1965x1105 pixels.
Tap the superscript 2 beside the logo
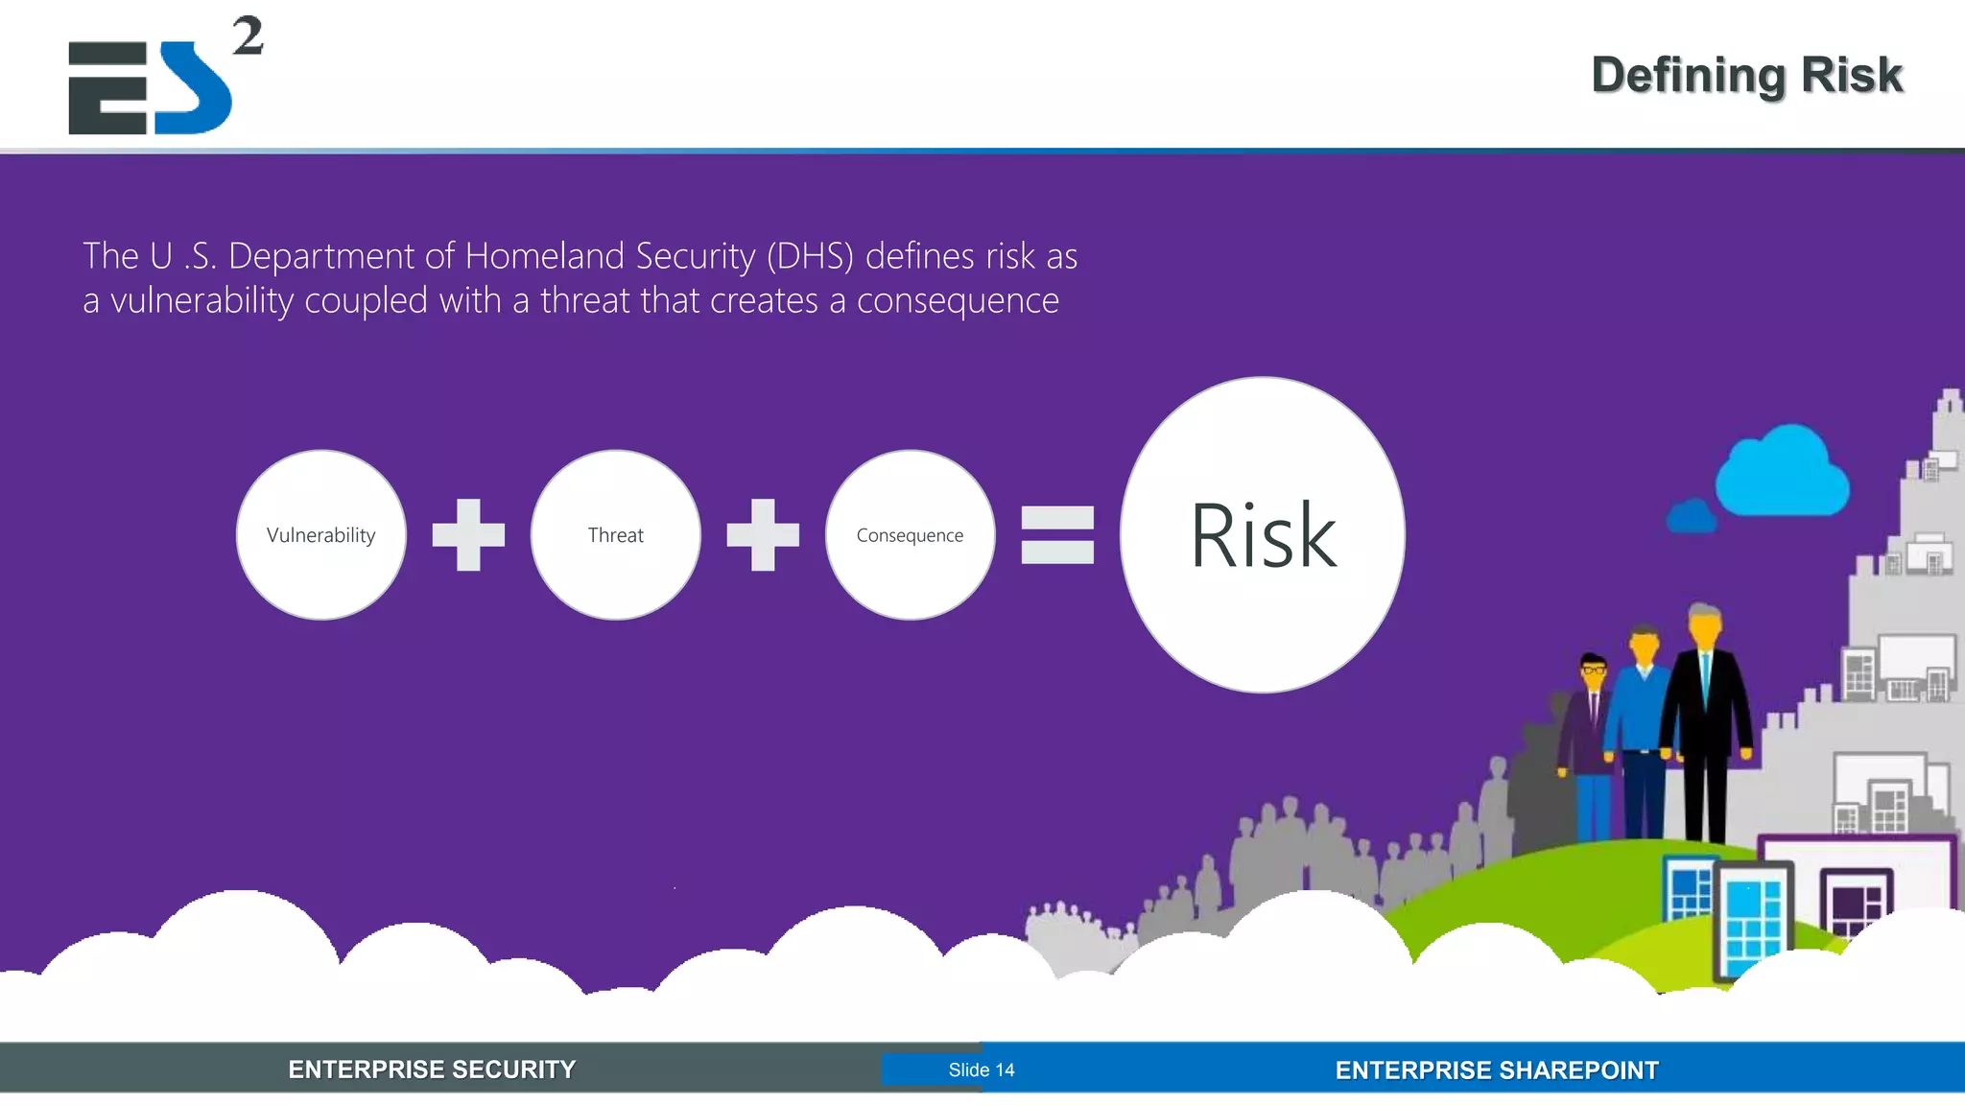click(x=248, y=36)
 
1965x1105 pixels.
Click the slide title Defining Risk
click(x=1746, y=75)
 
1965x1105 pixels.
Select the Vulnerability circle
click(x=320, y=535)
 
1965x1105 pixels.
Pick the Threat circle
click(x=615, y=535)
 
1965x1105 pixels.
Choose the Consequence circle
click(x=910, y=535)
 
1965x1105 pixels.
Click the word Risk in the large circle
click(x=1263, y=536)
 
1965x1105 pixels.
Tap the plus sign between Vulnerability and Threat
click(x=468, y=535)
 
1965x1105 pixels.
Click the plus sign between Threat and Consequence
click(x=763, y=535)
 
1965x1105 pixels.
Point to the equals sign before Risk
click(x=1057, y=535)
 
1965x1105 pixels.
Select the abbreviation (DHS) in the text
click(x=810, y=256)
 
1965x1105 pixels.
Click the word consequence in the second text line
click(x=958, y=300)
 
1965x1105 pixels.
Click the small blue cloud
click(x=1692, y=517)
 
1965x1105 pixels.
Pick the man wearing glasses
click(x=1591, y=729)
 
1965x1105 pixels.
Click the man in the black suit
click(x=1706, y=710)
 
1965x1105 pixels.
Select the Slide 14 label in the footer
click(x=981, y=1070)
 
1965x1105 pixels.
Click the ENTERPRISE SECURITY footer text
click(x=432, y=1070)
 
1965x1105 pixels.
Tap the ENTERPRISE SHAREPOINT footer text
click(x=1497, y=1070)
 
